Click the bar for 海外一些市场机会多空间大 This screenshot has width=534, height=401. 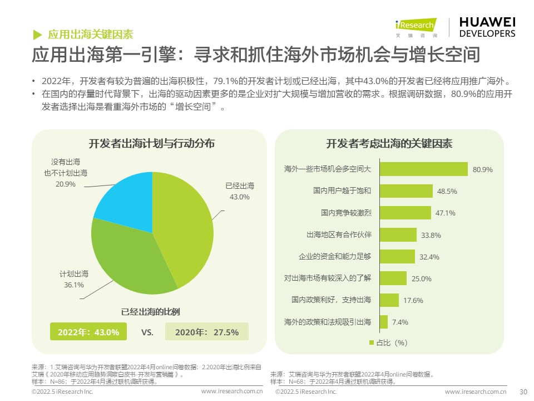click(423, 169)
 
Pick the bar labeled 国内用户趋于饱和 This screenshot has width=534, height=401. click(406, 191)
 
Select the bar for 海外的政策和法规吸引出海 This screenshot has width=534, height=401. click(383, 322)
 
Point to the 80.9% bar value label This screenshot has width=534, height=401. click(483, 169)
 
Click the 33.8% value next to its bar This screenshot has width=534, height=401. click(431, 235)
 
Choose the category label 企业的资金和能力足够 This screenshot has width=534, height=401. click(334, 256)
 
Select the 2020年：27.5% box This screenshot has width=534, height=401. click(207, 332)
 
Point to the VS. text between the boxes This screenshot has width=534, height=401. click(147, 332)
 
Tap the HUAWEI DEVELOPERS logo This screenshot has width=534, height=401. click(487, 26)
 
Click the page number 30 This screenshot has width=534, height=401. click(522, 392)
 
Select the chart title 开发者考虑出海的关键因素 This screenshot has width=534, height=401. click(389, 144)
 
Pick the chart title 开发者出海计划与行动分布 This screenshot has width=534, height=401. click(152, 144)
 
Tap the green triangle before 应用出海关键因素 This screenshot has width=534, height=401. click(37, 34)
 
